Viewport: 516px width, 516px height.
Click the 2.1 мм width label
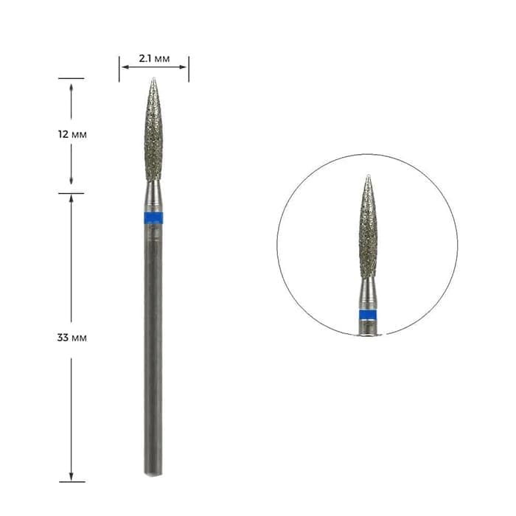[x=154, y=59]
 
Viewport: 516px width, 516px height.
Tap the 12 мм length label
[x=72, y=135]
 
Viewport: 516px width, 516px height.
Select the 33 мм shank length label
[x=72, y=338]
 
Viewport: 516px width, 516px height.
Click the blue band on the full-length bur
[x=153, y=218]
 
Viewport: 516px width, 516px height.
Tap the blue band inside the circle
[x=368, y=315]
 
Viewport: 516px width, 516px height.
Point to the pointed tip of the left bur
[x=153, y=78]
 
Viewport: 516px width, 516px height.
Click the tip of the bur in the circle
[x=369, y=175]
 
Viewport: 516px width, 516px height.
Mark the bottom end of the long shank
[x=153, y=474]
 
